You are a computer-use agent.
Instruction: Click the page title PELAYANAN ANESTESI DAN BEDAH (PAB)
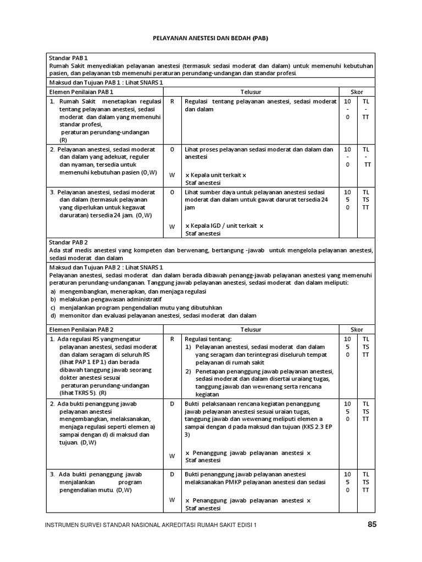pyautogui.click(x=210, y=39)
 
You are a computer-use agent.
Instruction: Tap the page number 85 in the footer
pyautogui.click(x=373, y=525)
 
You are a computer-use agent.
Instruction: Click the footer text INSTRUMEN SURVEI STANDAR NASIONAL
pyautogui.click(x=110, y=525)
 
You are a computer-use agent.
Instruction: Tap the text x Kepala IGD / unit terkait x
pyautogui.click(x=224, y=226)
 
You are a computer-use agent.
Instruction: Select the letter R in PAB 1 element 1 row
pyautogui.click(x=172, y=102)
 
